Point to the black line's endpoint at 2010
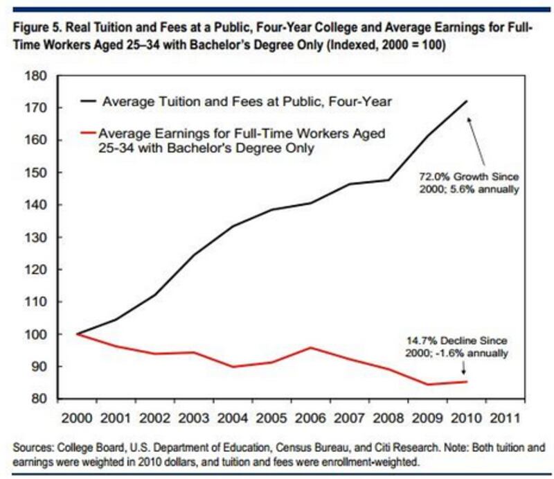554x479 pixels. coord(466,101)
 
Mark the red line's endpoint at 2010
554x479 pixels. coord(466,381)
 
